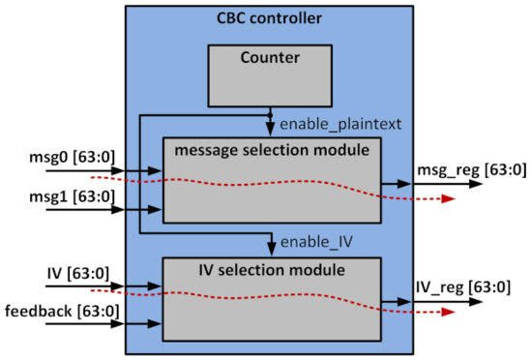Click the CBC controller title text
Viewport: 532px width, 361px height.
[x=270, y=16]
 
